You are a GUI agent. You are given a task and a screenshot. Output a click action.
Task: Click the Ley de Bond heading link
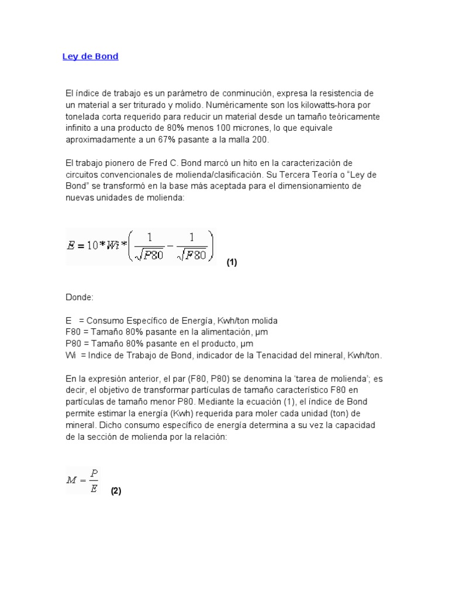tap(90, 57)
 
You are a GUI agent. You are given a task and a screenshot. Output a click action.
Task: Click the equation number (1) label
tap(232, 263)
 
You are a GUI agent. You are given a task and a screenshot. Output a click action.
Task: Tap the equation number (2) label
tap(116, 491)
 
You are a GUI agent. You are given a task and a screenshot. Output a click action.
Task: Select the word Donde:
tap(79, 297)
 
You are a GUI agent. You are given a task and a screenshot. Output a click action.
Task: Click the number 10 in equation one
tap(92, 245)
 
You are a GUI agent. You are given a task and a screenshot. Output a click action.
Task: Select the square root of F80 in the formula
tap(191, 256)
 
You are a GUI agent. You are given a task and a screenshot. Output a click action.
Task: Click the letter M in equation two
tap(72, 480)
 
